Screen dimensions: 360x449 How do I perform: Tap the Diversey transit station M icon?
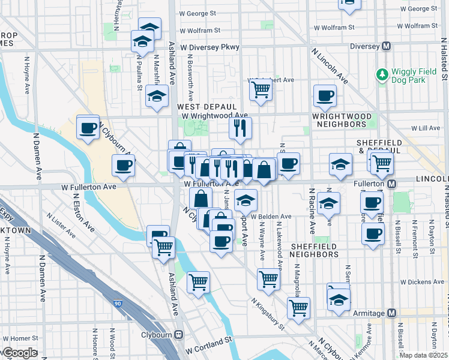(387, 46)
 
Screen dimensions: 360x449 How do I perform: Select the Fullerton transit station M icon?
(391, 183)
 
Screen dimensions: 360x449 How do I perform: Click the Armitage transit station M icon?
(392, 313)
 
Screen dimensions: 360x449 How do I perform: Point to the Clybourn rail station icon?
(178, 335)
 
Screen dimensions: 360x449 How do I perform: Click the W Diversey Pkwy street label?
(209, 47)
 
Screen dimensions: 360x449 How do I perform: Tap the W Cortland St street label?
(208, 340)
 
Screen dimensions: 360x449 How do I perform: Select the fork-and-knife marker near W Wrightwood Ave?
(240, 127)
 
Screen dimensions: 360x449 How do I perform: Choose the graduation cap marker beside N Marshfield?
(157, 97)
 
